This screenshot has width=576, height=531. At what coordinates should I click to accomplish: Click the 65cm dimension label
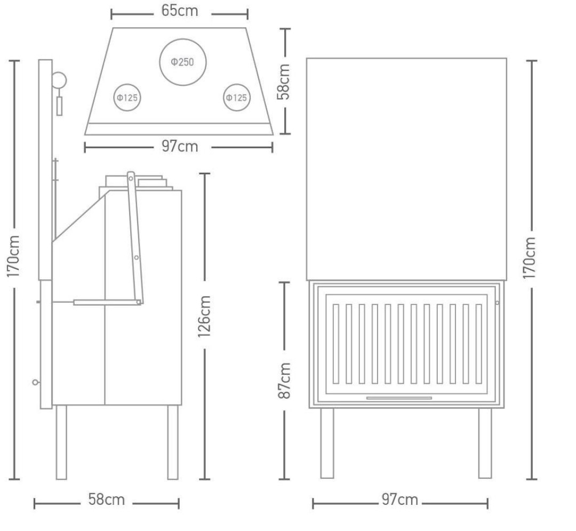(x=179, y=11)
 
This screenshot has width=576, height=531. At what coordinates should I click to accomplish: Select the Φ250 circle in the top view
(x=182, y=39)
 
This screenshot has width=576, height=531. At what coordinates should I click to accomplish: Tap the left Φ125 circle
(x=127, y=84)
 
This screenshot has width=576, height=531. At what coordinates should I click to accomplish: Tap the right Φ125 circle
(x=237, y=84)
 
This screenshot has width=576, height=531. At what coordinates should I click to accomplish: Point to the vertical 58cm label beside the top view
(x=284, y=82)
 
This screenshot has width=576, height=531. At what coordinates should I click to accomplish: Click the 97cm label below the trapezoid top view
(x=180, y=147)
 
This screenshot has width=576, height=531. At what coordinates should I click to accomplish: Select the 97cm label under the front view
(x=399, y=500)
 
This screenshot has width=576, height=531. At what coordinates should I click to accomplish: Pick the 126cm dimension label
(x=204, y=317)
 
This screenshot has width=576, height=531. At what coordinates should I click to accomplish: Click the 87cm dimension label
(x=284, y=381)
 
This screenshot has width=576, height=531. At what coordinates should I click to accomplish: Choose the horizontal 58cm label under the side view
(x=107, y=500)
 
